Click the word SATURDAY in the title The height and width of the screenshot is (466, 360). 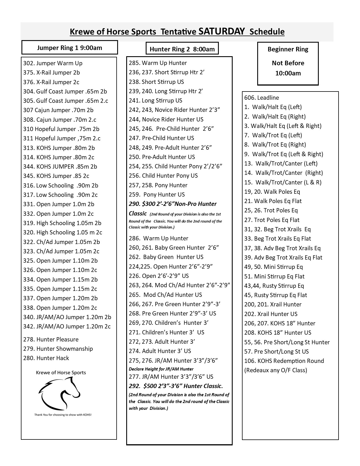pos(221,31)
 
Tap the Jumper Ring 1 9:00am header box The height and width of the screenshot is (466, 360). pos(69,47)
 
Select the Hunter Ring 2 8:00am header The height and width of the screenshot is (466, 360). pos(182,49)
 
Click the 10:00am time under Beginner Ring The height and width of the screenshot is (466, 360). pos(288,73)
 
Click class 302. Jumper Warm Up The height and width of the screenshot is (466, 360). pos(53,63)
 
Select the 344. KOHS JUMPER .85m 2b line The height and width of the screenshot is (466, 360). pos(60,167)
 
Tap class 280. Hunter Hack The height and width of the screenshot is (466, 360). pos(46,358)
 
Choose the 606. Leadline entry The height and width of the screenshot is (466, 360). pos(261,98)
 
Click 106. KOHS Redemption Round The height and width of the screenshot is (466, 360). pos(284,361)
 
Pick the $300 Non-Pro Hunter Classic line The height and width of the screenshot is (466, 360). pos(173,204)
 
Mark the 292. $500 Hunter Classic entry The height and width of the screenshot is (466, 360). pos(176,386)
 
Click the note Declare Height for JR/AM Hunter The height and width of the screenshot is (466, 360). pos(161,369)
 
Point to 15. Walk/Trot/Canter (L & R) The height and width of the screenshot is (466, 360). pos(283,182)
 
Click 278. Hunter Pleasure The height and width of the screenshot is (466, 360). pos(51,339)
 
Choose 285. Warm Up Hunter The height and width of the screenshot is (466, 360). pos(158,63)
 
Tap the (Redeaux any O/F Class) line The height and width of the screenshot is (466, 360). pos(276,370)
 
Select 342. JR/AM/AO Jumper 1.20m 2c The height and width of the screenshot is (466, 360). pos(67,326)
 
